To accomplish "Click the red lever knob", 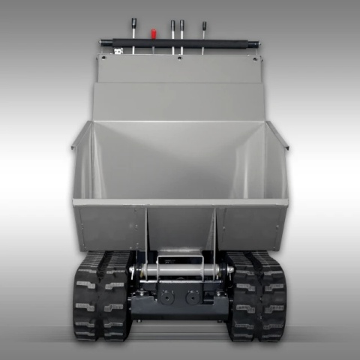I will pos(153,32).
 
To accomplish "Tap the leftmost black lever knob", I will pos(133,22).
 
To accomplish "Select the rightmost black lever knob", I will pos(203,24).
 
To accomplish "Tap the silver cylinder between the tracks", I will pos(180,268).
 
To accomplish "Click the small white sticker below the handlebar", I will pos(118,51).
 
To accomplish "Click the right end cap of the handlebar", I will pos(257,43).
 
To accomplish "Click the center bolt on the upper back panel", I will pos(180,58).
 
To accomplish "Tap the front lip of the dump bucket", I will pos(180,202).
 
